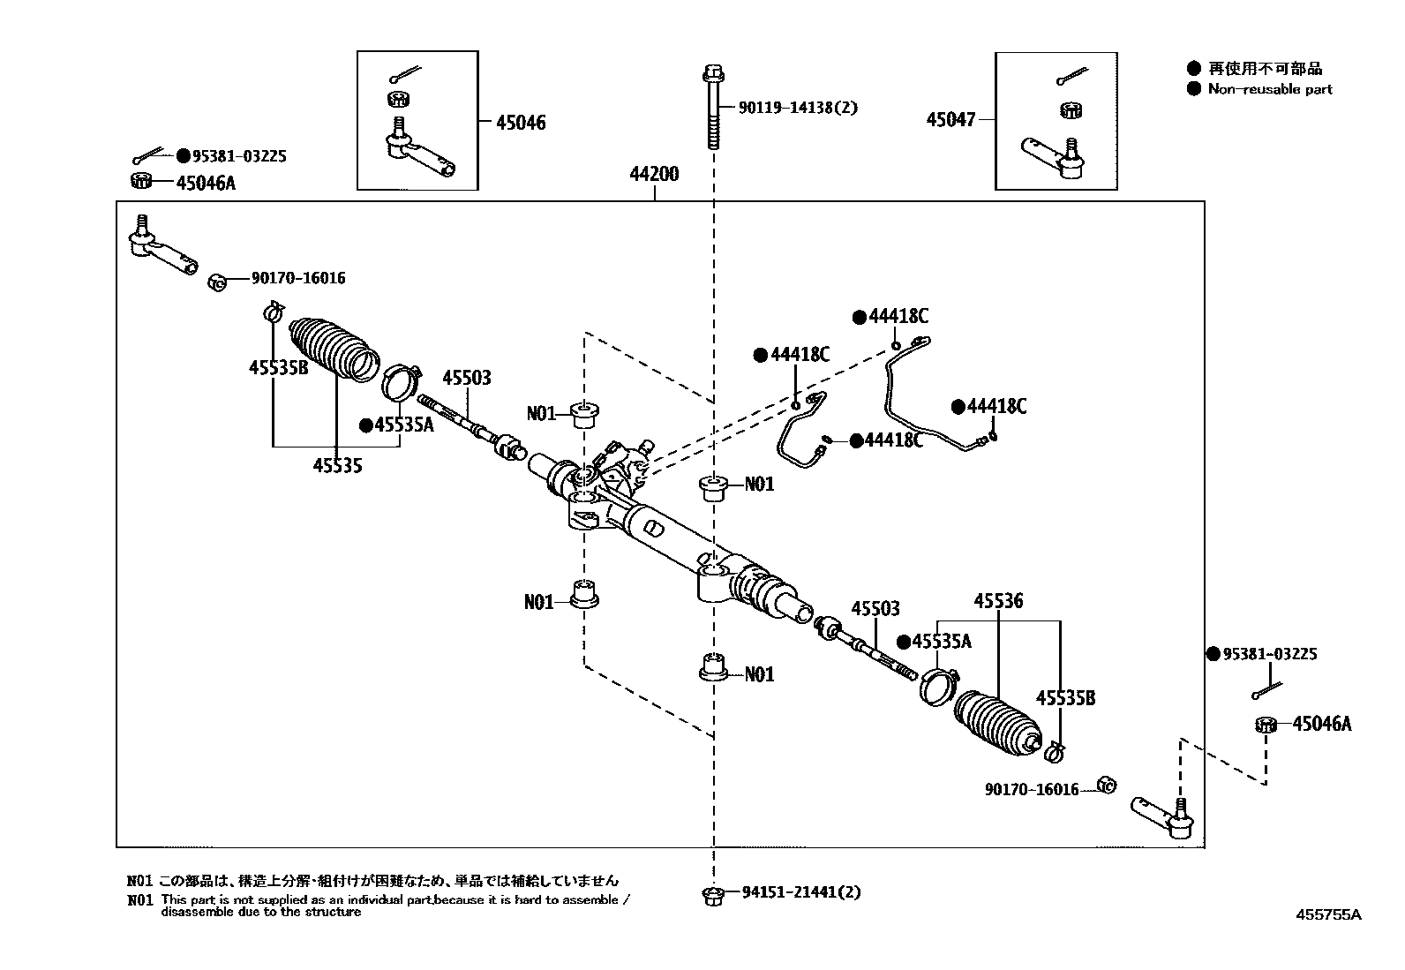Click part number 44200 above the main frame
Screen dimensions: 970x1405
(654, 174)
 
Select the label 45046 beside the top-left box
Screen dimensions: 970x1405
(520, 123)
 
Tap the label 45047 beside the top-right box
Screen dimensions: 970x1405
(950, 119)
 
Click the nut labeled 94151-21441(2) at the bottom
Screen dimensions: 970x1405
(713, 895)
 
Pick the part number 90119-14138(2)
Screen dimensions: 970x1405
(797, 108)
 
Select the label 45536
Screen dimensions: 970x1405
(998, 601)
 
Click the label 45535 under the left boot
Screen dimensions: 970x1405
(336, 464)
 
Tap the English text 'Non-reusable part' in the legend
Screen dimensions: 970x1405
(1270, 88)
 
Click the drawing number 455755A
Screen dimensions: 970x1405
(1327, 914)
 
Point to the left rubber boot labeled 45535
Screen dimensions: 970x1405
(334, 349)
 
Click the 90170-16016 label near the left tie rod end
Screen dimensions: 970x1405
(297, 278)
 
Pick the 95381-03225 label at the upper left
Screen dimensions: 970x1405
(238, 156)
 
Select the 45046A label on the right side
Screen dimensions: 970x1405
(1321, 724)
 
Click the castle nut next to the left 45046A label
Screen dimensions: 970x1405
(139, 182)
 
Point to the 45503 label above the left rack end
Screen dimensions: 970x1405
(467, 378)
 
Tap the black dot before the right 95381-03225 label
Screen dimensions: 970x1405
(1213, 654)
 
